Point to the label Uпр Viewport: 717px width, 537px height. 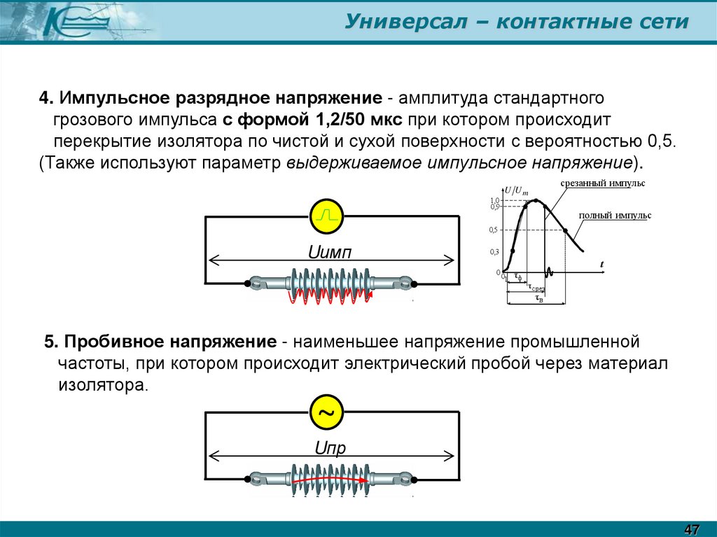(x=330, y=448)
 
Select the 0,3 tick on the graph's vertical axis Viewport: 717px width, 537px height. (x=494, y=251)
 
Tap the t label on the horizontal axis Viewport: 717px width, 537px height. (x=601, y=263)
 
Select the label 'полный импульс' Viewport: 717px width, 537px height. (x=615, y=216)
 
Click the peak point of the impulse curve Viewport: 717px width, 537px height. (x=536, y=200)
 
